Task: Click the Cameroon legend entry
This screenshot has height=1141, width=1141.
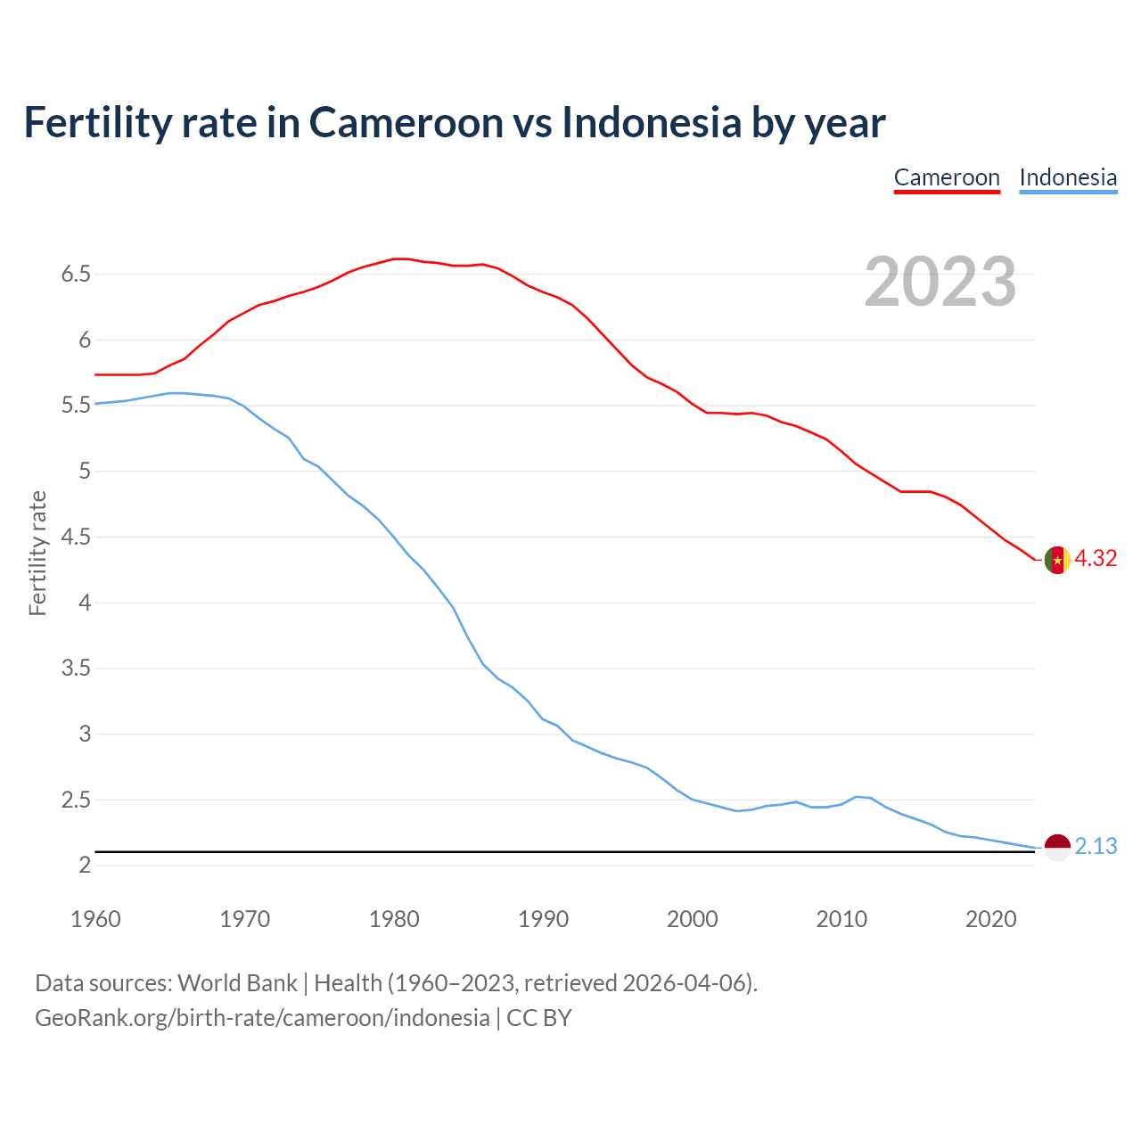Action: pyautogui.click(x=947, y=177)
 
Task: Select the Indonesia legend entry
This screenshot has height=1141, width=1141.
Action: pyautogui.click(x=1068, y=177)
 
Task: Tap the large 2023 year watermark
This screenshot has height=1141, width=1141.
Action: pyautogui.click(x=940, y=282)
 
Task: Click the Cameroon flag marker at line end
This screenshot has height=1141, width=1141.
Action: pyautogui.click(x=1057, y=560)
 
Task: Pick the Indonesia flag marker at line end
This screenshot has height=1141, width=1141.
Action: pyautogui.click(x=1057, y=847)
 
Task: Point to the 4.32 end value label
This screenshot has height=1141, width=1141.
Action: pyautogui.click(x=1096, y=559)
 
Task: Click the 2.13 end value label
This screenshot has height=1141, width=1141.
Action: pyautogui.click(x=1096, y=847)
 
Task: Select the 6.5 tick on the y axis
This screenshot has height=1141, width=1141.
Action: pyautogui.click(x=77, y=275)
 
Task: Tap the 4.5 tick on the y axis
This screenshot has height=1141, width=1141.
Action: pyautogui.click(x=77, y=538)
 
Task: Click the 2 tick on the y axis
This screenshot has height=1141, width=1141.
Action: pyautogui.click(x=85, y=866)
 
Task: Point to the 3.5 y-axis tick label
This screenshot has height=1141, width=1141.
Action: pyautogui.click(x=77, y=669)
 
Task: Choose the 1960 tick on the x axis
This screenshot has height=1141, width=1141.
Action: pyautogui.click(x=95, y=919)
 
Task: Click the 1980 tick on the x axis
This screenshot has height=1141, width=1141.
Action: pyautogui.click(x=394, y=919)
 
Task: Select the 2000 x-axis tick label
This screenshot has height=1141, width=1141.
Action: pyautogui.click(x=693, y=919)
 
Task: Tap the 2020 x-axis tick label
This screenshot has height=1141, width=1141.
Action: pyautogui.click(x=991, y=919)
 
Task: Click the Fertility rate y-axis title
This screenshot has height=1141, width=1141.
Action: pyautogui.click(x=37, y=553)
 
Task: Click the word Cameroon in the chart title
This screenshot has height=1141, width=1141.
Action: pyautogui.click(x=406, y=123)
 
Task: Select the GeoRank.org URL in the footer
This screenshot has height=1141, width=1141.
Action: pyautogui.click(x=262, y=1018)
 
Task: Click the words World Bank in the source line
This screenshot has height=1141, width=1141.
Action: pyautogui.click(x=237, y=983)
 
